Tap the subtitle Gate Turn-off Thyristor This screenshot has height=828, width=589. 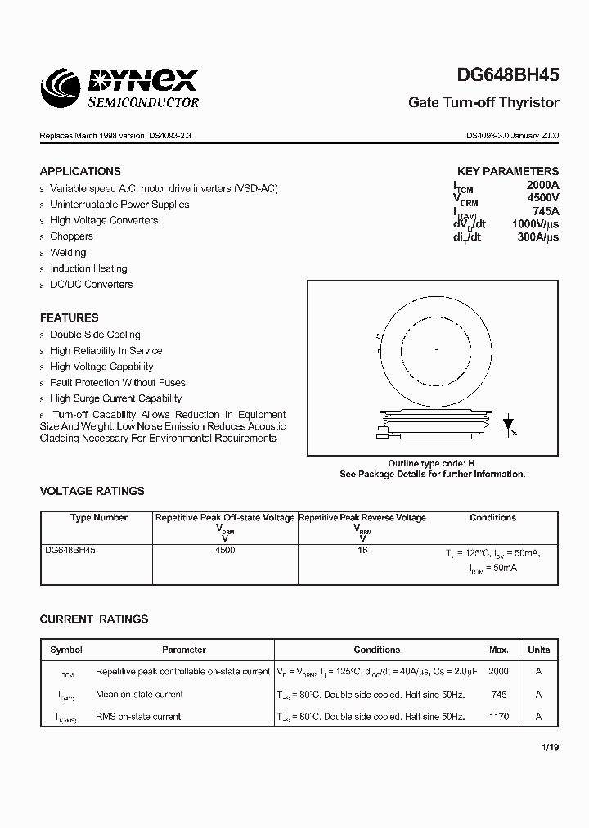[x=483, y=103]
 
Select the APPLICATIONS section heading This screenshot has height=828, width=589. [x=80, y=171]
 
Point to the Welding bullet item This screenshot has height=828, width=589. [x=68, y=253]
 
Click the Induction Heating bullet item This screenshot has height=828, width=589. [x=88, y=268]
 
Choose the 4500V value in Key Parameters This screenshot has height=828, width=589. [x=542, y=198]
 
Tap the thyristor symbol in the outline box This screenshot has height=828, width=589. [x=507, y=424]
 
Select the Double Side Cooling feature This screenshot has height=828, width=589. [x=95, y=335]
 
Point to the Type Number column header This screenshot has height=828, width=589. [x=98, y=518]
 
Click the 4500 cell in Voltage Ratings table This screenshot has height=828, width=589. [x=225, y=551]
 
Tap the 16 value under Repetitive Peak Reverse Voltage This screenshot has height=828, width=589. [x=362, y=551]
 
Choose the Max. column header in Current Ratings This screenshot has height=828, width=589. [x=499, y=650]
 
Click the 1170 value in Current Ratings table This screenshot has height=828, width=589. [x=498, y=717]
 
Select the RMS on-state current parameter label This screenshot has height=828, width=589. [x=139, y=717]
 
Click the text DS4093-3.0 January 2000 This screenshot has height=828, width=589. [x=512, y=136]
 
